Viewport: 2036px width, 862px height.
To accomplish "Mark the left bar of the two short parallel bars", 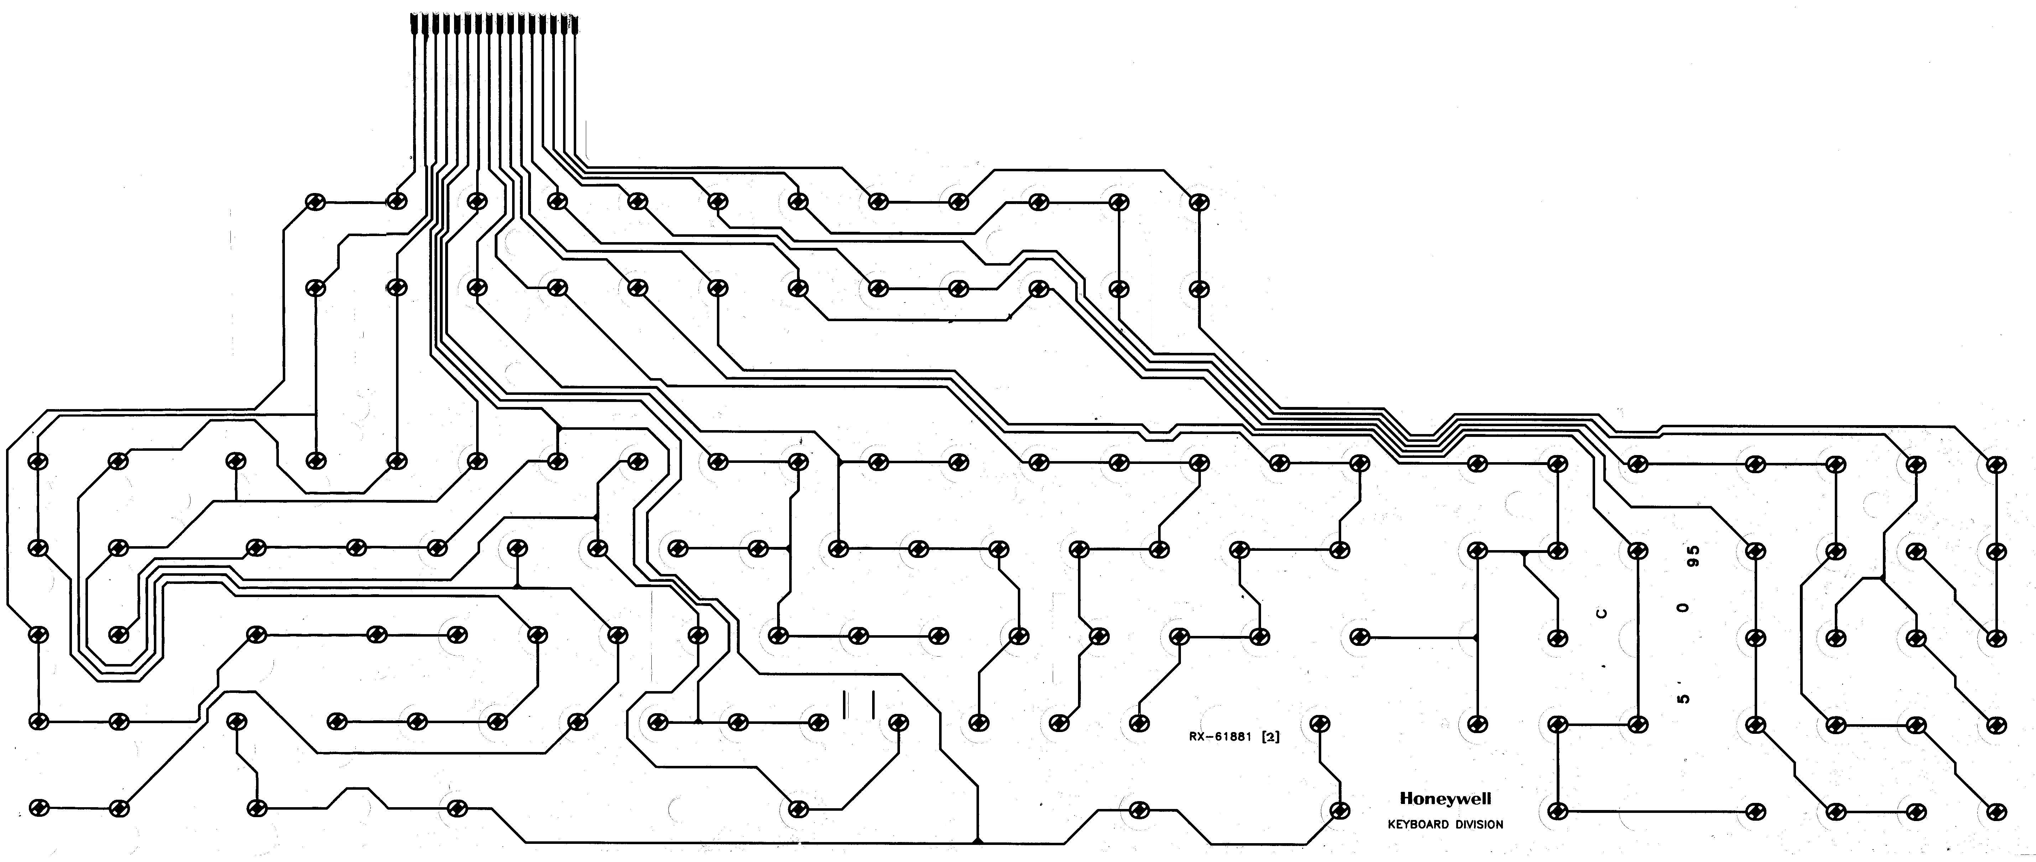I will [x=845, y=704].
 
